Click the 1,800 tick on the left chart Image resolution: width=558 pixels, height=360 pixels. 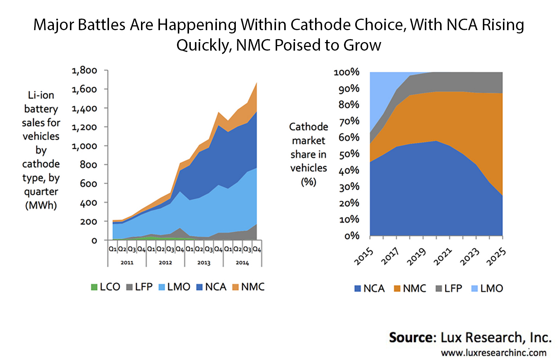84,70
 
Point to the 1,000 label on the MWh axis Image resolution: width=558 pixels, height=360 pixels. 84,146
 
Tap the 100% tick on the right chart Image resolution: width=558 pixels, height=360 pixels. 347,72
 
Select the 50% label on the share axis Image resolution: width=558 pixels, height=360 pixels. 349,154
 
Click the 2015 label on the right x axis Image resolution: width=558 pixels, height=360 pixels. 364,257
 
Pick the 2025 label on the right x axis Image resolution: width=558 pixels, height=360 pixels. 496,257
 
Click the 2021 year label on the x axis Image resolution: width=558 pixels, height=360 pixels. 443,257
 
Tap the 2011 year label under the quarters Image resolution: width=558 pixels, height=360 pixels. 127,262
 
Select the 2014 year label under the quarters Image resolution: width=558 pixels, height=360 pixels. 242,262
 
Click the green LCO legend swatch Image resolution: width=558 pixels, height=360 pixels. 94,287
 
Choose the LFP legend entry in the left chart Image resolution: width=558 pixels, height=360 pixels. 140,287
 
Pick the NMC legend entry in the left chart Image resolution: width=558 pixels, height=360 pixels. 248,287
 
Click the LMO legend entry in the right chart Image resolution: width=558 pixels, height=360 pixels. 487,289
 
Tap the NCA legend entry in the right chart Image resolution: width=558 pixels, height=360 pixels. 370,289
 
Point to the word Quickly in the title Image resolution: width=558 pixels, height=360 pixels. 204,45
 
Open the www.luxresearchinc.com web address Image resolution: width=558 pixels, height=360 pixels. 494,353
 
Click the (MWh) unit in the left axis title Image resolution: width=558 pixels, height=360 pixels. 41,205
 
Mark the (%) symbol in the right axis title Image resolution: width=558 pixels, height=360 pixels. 308,182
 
